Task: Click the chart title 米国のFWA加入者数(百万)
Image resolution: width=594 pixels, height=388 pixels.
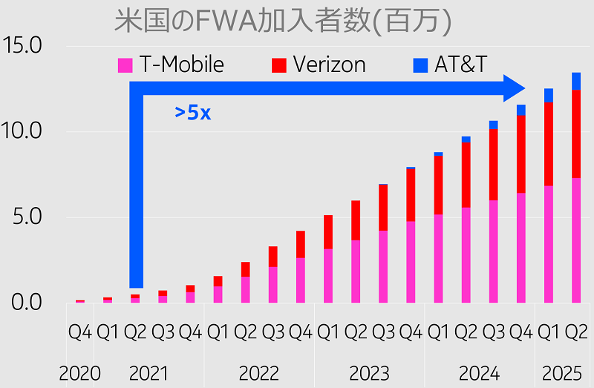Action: coord(283,21)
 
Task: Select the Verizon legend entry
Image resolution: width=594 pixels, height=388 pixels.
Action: coord(319,65)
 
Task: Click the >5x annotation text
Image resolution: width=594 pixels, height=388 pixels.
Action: coord(193,113)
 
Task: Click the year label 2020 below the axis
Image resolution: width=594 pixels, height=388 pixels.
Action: coord(79,372)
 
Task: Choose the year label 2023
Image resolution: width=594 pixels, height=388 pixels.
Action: coord(368,372)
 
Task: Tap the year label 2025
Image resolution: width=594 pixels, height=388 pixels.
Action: coord(562,372)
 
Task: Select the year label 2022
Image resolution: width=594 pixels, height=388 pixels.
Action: coord(258,372)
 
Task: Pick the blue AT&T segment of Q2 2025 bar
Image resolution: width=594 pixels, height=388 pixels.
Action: coord(576,81)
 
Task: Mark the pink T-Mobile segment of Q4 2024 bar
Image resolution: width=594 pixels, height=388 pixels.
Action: coord(521,248)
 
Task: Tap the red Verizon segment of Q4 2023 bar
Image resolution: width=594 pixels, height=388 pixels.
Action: coord(411,195)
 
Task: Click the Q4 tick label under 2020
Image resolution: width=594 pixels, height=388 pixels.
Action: coord(79,332)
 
